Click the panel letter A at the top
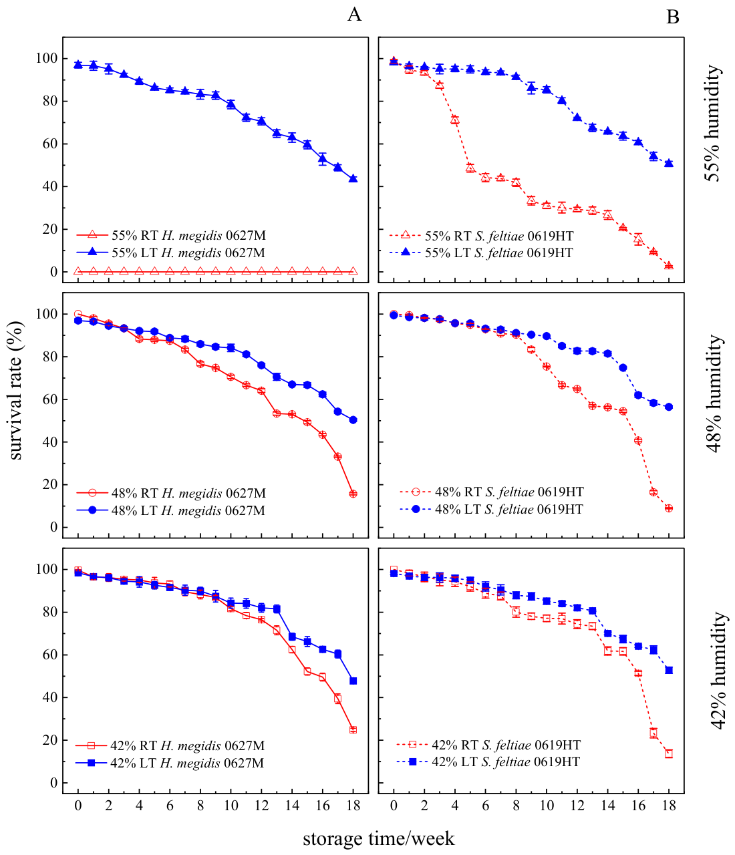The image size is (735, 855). [x=354, y=15]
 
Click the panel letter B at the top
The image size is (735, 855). [x=673, y=17]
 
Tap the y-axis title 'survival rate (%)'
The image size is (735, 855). [x=15, y=391]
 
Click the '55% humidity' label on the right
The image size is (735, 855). [x=713, y=123]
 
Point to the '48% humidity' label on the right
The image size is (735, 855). [x=714, y=393]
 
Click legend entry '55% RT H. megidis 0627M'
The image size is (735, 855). [x=171, y=235]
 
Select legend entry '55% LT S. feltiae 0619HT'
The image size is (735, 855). [x=481, y=252]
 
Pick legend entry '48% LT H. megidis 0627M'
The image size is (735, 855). [x=171, y=510]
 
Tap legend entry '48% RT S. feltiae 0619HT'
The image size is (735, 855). [x=492, y=492]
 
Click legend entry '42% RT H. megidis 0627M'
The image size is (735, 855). [x=170, y=745]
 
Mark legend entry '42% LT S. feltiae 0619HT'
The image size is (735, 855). [x=488, y=761]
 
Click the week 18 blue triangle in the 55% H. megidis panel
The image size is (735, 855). [x=353, y=179]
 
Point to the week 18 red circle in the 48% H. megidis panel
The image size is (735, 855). [x=353, y=494]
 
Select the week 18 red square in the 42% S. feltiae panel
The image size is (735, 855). [x=669, y=753]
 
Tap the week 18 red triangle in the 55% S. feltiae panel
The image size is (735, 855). [x=669, y=266]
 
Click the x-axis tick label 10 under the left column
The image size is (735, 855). [x=231, y=806]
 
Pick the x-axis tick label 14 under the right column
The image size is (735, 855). [x=607, y=806]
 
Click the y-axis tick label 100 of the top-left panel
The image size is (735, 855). [x=46, y=58]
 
